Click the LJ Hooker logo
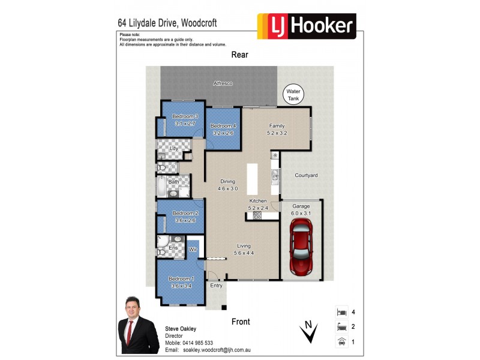307,26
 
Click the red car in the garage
302,247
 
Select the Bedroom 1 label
181,279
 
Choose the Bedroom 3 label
185,116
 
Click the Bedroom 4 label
223,125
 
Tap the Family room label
277,125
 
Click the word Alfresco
223,83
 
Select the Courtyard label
306,175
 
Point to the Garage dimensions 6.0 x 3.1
301,214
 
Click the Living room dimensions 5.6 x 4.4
244,253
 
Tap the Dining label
227,181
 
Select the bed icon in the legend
341,312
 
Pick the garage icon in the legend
341,341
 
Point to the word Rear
240,55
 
